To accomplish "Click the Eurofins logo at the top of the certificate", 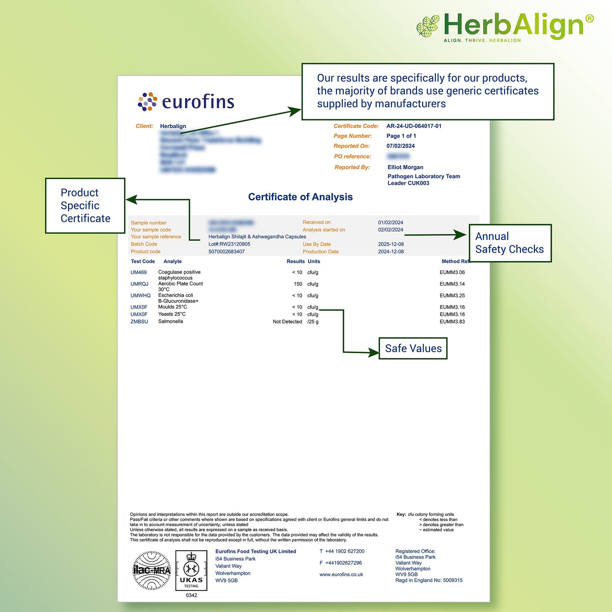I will (186, 102).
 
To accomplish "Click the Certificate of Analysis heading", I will (300, 197).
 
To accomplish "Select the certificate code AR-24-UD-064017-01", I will (414, 126).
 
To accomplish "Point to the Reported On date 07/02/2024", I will (400, 146).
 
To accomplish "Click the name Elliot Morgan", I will (405, 167).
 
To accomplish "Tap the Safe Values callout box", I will (413, 348).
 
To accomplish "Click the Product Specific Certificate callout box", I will (85, 206).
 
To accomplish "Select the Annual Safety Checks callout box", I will (510, 243).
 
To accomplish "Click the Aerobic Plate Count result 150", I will (298, 284).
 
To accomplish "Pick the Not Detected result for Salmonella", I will (287, 321).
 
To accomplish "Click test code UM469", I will (138, 272).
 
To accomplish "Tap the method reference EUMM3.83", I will (452, 321).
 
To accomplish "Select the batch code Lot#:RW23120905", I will (229, 244).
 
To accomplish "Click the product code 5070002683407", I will (226, 252).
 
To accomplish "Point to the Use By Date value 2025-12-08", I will (391, 244).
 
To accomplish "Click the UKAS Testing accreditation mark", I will (191, 570).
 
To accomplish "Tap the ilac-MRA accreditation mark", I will (151, 570).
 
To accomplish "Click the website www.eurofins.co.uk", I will (341, 574).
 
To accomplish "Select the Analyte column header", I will (172, 261).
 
